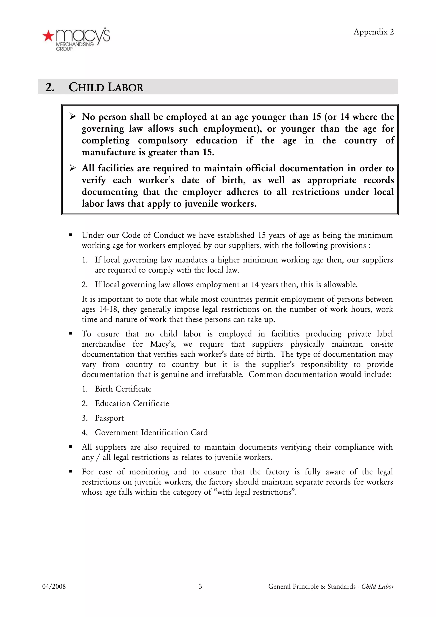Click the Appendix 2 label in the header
(x=373, y=32)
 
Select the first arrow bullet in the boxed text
(x=72, y=117)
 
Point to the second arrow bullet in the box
(x=72, y=168)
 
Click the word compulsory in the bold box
(x=162, y=141)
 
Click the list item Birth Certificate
(x=123, y=389)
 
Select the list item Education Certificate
(x=132, y=403)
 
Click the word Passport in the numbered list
(x=109, y=418)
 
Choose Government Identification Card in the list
(x=151, y=432)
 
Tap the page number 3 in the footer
(x=200, y=586)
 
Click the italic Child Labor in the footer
(x=377, y=586)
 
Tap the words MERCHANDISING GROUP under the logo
(x=75, y=46)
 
